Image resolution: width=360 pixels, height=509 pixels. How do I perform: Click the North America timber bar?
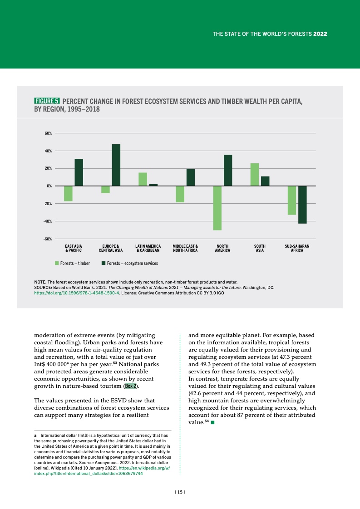tap(217, 208)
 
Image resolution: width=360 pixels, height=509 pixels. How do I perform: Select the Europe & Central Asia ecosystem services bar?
tap(116, 165)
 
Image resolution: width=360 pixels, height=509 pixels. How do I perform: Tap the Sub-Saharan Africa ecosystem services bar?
tap(302, 205)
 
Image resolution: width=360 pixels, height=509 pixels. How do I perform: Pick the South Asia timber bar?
tap(254, 174)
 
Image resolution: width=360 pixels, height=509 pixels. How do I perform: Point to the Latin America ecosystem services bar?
tap(153, 185)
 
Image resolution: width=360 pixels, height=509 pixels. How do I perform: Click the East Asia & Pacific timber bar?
tap(68, 193)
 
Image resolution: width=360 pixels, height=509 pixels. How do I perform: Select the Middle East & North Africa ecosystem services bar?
tap(191, 177)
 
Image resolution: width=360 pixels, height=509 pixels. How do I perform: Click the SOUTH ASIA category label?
tap(260, 248)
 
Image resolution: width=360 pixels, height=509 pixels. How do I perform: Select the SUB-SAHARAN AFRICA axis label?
tap(297, 248)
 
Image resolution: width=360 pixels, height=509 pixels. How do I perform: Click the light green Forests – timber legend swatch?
tap(57, 263)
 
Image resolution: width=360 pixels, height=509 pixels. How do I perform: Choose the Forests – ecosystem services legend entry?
tap(129, 263)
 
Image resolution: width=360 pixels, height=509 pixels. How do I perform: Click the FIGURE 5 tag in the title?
tap(47, 101)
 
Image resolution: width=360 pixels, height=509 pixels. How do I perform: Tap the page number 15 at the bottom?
tap(180, 492)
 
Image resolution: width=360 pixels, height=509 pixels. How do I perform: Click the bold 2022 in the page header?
tap(321, 34)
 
